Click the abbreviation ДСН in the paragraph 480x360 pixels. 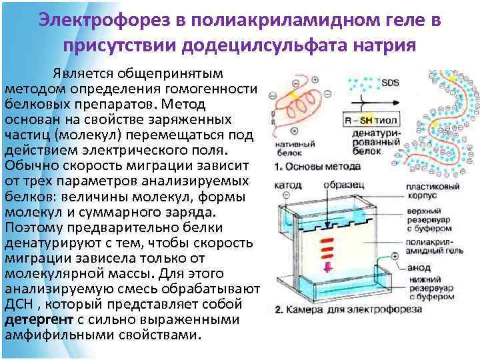pos(19,305)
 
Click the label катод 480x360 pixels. pos(287,184)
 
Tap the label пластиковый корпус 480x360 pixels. pos(432,193)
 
